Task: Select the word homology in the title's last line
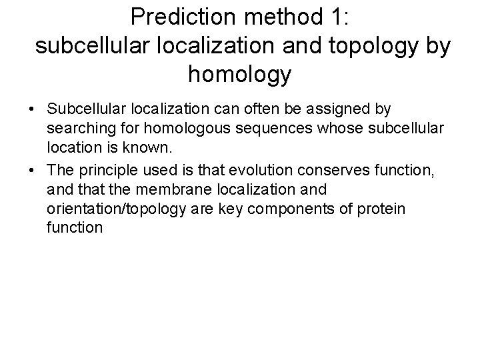coord(239,74)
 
